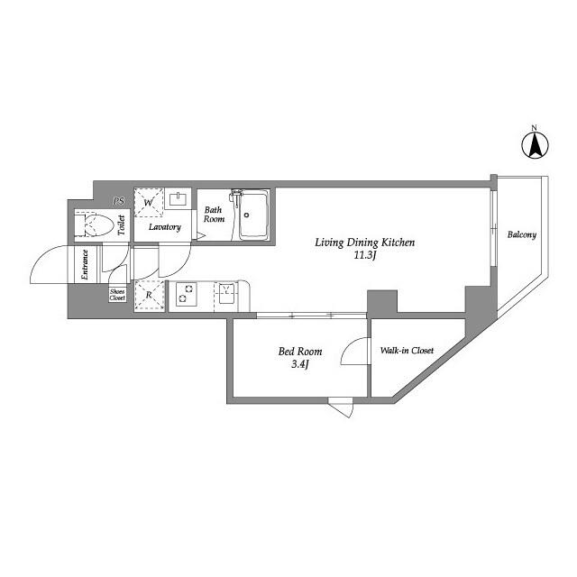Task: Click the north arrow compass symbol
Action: [x=536, y=143]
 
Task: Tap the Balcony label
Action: [x=521, y=235]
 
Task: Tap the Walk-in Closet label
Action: [x=407, y=350]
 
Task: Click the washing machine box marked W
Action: [x=149, y=203]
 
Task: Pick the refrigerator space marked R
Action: [x=149, y=294]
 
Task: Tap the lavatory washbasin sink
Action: [x=179, y=199]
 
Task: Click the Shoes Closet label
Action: [x=118, y=295]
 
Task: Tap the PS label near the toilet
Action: [x=118, y=201]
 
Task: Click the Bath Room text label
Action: [x=214, y=215]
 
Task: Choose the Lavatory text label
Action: [x=166, y=227]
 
